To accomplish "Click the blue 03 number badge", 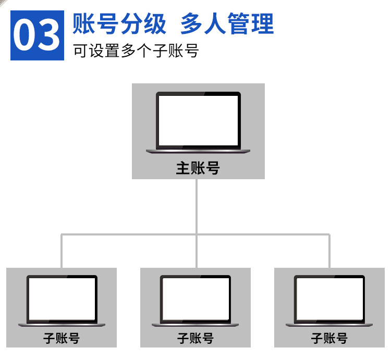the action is click(x=37, y=35).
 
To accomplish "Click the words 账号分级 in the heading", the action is click(x=120, y=24).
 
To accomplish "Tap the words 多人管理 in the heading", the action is click(x=226, y=24).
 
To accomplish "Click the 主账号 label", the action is click(x=198, y=168).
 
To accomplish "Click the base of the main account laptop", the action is click(x=198, y=152).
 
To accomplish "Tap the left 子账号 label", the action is click(x=62, y=338).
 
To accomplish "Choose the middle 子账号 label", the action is click(x=195, y=338).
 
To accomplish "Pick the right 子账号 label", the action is click(x=329, y=338).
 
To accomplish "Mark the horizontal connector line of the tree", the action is click(x=130, y=234).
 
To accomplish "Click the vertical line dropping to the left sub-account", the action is click(x=62, y=251).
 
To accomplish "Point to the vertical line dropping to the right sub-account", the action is click(x=329, y=251).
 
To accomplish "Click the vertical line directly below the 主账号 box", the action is click(x=197, y=206).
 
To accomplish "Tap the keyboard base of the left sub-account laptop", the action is click(x=62, y=325).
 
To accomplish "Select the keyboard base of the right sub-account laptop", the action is click(x=329, y=325).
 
